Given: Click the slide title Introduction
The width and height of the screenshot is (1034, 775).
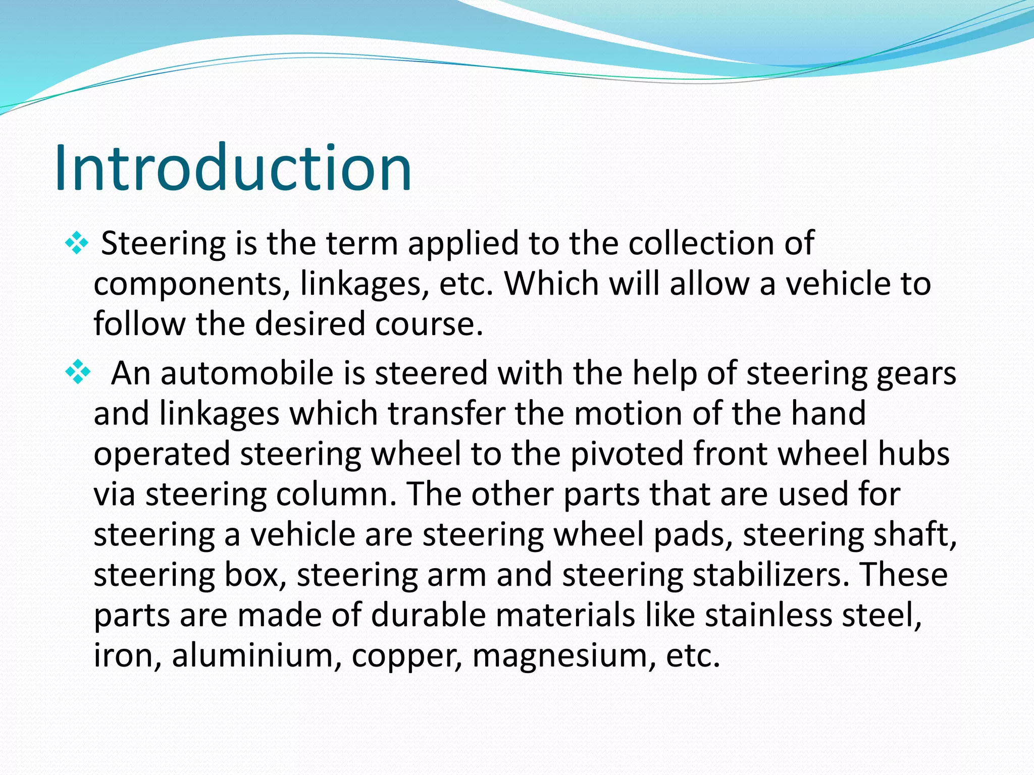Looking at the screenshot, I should coord(233,168).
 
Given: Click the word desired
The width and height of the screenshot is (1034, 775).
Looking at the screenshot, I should coord(309,324).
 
